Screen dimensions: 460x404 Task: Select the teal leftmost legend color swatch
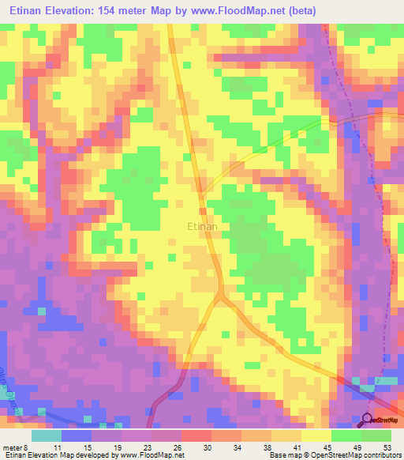point(47,435)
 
